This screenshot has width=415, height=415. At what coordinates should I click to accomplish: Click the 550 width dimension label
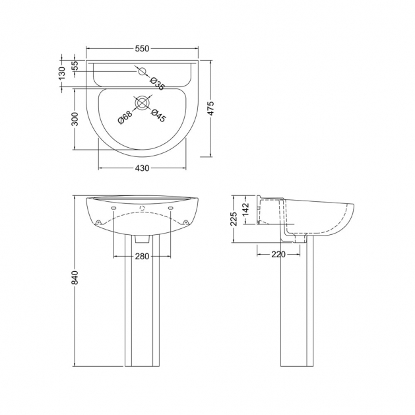pyautogui.click(x=142, y=48)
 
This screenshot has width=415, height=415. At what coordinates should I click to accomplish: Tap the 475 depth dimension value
pyautogui.click(x=210, y=108)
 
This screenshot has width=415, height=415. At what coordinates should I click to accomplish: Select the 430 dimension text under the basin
pyautogui.click(x=142, y=168)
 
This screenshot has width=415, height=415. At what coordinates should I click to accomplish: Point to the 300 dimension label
pyautogui.click(x=75, y=119)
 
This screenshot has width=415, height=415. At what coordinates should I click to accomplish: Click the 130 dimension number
pyautogui.click(x=61, y=73)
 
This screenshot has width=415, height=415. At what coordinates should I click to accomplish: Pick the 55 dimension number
pyautogui.click(x=75, y=65)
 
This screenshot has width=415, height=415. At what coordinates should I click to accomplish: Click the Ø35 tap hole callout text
pyautogui.click(x=157, y=83)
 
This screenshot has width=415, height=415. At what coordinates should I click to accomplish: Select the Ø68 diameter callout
pyautogui.click(x=125, y=117)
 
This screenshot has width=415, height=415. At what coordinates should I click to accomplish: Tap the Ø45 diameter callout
pyautogui.click(x=158, y=115)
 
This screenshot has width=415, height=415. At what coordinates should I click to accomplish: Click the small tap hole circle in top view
pyautogui.click(x=143, y=71)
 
